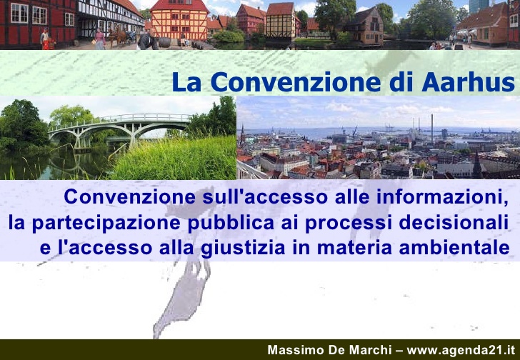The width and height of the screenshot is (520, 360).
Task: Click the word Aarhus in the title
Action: [x=468, y=82]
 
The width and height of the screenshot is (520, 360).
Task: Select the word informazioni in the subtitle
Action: [x=442, y=197]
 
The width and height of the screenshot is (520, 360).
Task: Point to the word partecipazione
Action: [x=106, y=223]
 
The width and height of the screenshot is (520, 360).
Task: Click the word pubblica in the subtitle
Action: [x=231, y=223]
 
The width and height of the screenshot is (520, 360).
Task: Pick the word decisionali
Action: [x=454, y=222]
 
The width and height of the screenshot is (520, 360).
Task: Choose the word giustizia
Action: [x=243, y=249]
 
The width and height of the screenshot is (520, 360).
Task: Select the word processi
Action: [x=346, y=223]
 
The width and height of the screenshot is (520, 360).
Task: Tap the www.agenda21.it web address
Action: [x=461, y=351]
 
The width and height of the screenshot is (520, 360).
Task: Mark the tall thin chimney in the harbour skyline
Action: [x=431, y=129]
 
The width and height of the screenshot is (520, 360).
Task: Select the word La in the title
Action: [x=186, y=82]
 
